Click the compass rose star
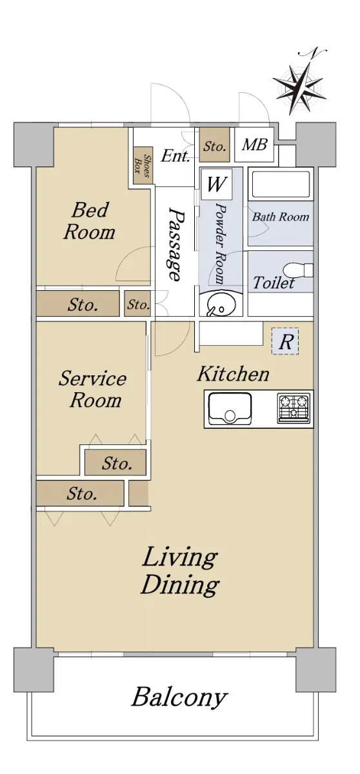tap(300, 88)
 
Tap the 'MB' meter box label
tap(255, 144)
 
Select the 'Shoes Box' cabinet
tap(143, 166)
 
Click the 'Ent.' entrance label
tap(175, 156)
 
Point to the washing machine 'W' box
tap(217, 184)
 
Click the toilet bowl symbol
tap(299, 270)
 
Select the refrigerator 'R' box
tap(285, 341)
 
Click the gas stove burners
tap(294, 409)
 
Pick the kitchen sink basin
tap(230, 409)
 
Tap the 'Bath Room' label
tap(281, 217)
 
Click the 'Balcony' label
tap(179, 698)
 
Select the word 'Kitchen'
tap(233, 375)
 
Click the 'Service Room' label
tap(93, 390)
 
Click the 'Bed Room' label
tap(90, 221)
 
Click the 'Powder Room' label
tap(221, 244)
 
